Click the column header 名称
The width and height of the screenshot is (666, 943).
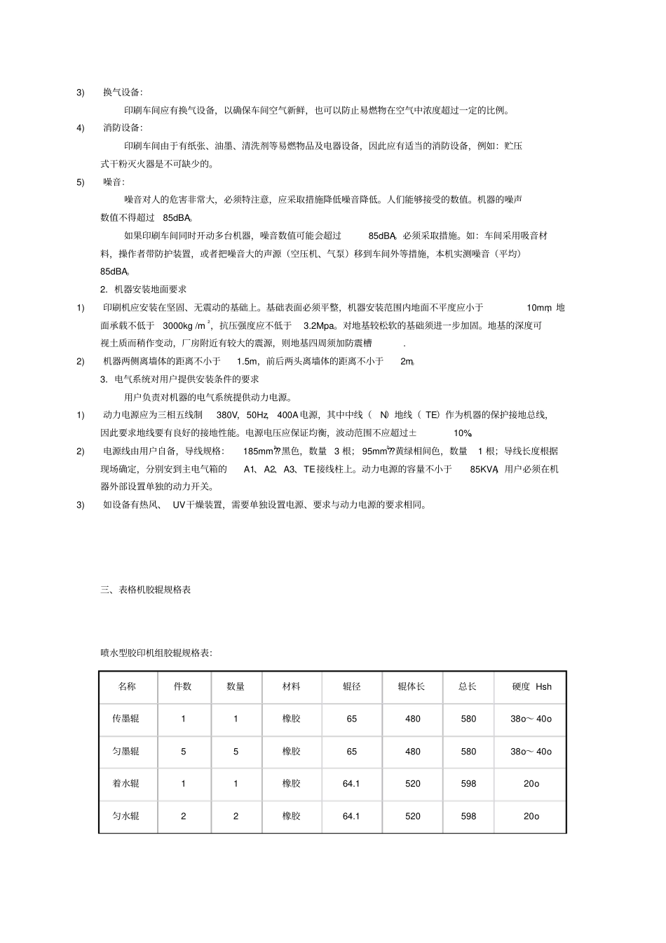(x=127, y=686)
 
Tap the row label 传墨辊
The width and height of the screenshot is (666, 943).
(x=127, y=719)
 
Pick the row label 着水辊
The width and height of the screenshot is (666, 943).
(x=127, y=783)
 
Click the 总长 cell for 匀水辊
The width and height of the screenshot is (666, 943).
(x=468, y=816)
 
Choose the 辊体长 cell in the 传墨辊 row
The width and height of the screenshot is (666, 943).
(x=413, y=719)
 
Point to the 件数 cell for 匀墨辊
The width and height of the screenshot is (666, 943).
(x=184, y=752)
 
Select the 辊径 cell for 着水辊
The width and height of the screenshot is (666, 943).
(x=351, y=783)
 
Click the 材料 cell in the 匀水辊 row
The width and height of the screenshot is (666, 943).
(x=292, y=816)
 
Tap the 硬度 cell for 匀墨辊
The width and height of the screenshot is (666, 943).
(x=531, y=752)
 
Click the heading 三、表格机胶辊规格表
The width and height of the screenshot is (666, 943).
(x=146, y=590)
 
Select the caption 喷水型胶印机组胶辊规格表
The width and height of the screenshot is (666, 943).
(x=156, y=653)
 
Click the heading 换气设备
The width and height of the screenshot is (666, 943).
(x=122, y=93)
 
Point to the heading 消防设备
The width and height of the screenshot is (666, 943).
(x=122, y=128)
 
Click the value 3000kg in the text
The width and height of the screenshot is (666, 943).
(x=178, y=325)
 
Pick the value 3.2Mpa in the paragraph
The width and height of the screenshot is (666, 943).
(x=318, y=325)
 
